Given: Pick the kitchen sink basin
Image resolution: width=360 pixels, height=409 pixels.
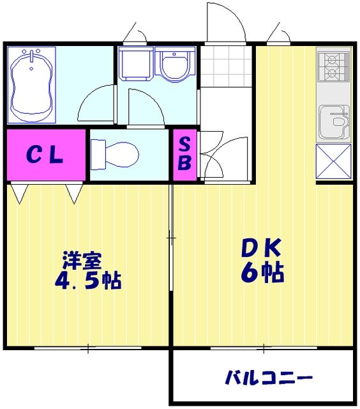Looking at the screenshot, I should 333,120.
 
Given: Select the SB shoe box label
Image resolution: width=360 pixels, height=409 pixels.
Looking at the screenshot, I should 184,153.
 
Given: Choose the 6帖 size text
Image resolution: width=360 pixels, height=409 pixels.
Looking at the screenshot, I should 262,272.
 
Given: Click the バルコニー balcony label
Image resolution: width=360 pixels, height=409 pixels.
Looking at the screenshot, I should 268,378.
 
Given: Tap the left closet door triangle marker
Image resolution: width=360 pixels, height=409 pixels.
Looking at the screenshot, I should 17,193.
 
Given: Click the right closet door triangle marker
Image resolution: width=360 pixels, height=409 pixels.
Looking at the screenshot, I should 73,193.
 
